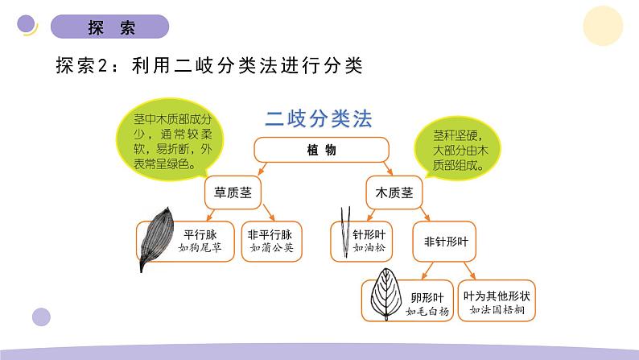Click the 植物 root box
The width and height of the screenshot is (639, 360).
[322, 150]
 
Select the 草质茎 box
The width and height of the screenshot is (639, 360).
[233, 193]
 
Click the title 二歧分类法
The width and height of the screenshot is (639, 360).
[319, 119]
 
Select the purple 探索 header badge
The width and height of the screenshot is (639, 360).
[110, 27]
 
